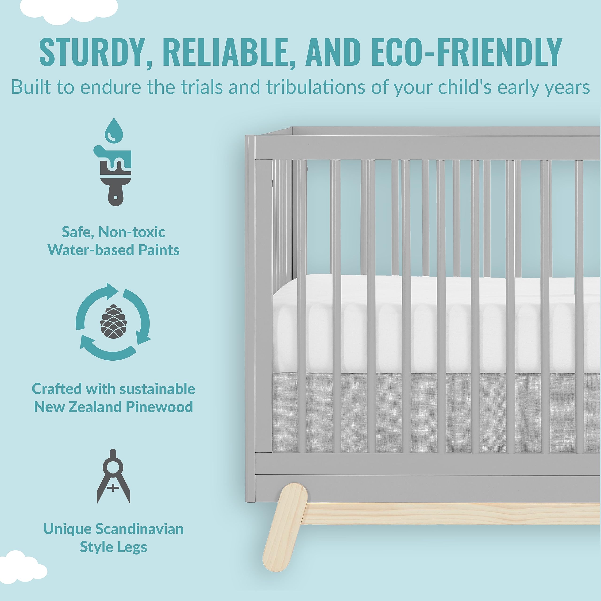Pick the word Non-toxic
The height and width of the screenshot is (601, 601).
(131, 232)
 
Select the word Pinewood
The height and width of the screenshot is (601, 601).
(159, 407)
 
